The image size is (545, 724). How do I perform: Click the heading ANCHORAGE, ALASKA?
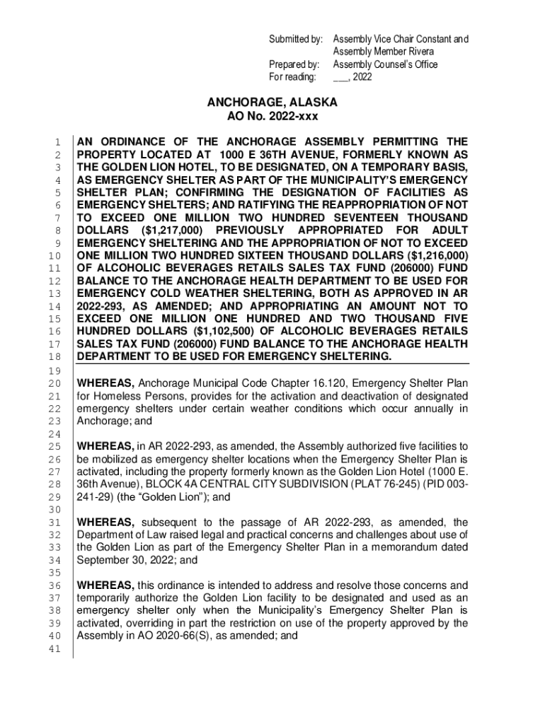pyautogui.click(x=272, y=103)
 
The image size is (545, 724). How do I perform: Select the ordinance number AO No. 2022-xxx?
pyautogui.click(x=272, y=117)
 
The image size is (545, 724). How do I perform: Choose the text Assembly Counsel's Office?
pyautogui.click(x=385, y=64)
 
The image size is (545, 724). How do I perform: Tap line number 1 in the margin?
pyautogui.click(x=62, y=142)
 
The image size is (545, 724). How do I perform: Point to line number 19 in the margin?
pyautogui.click(x=59, y=370)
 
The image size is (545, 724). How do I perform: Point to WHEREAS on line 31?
pyautogui.click(x=106, y=522)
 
